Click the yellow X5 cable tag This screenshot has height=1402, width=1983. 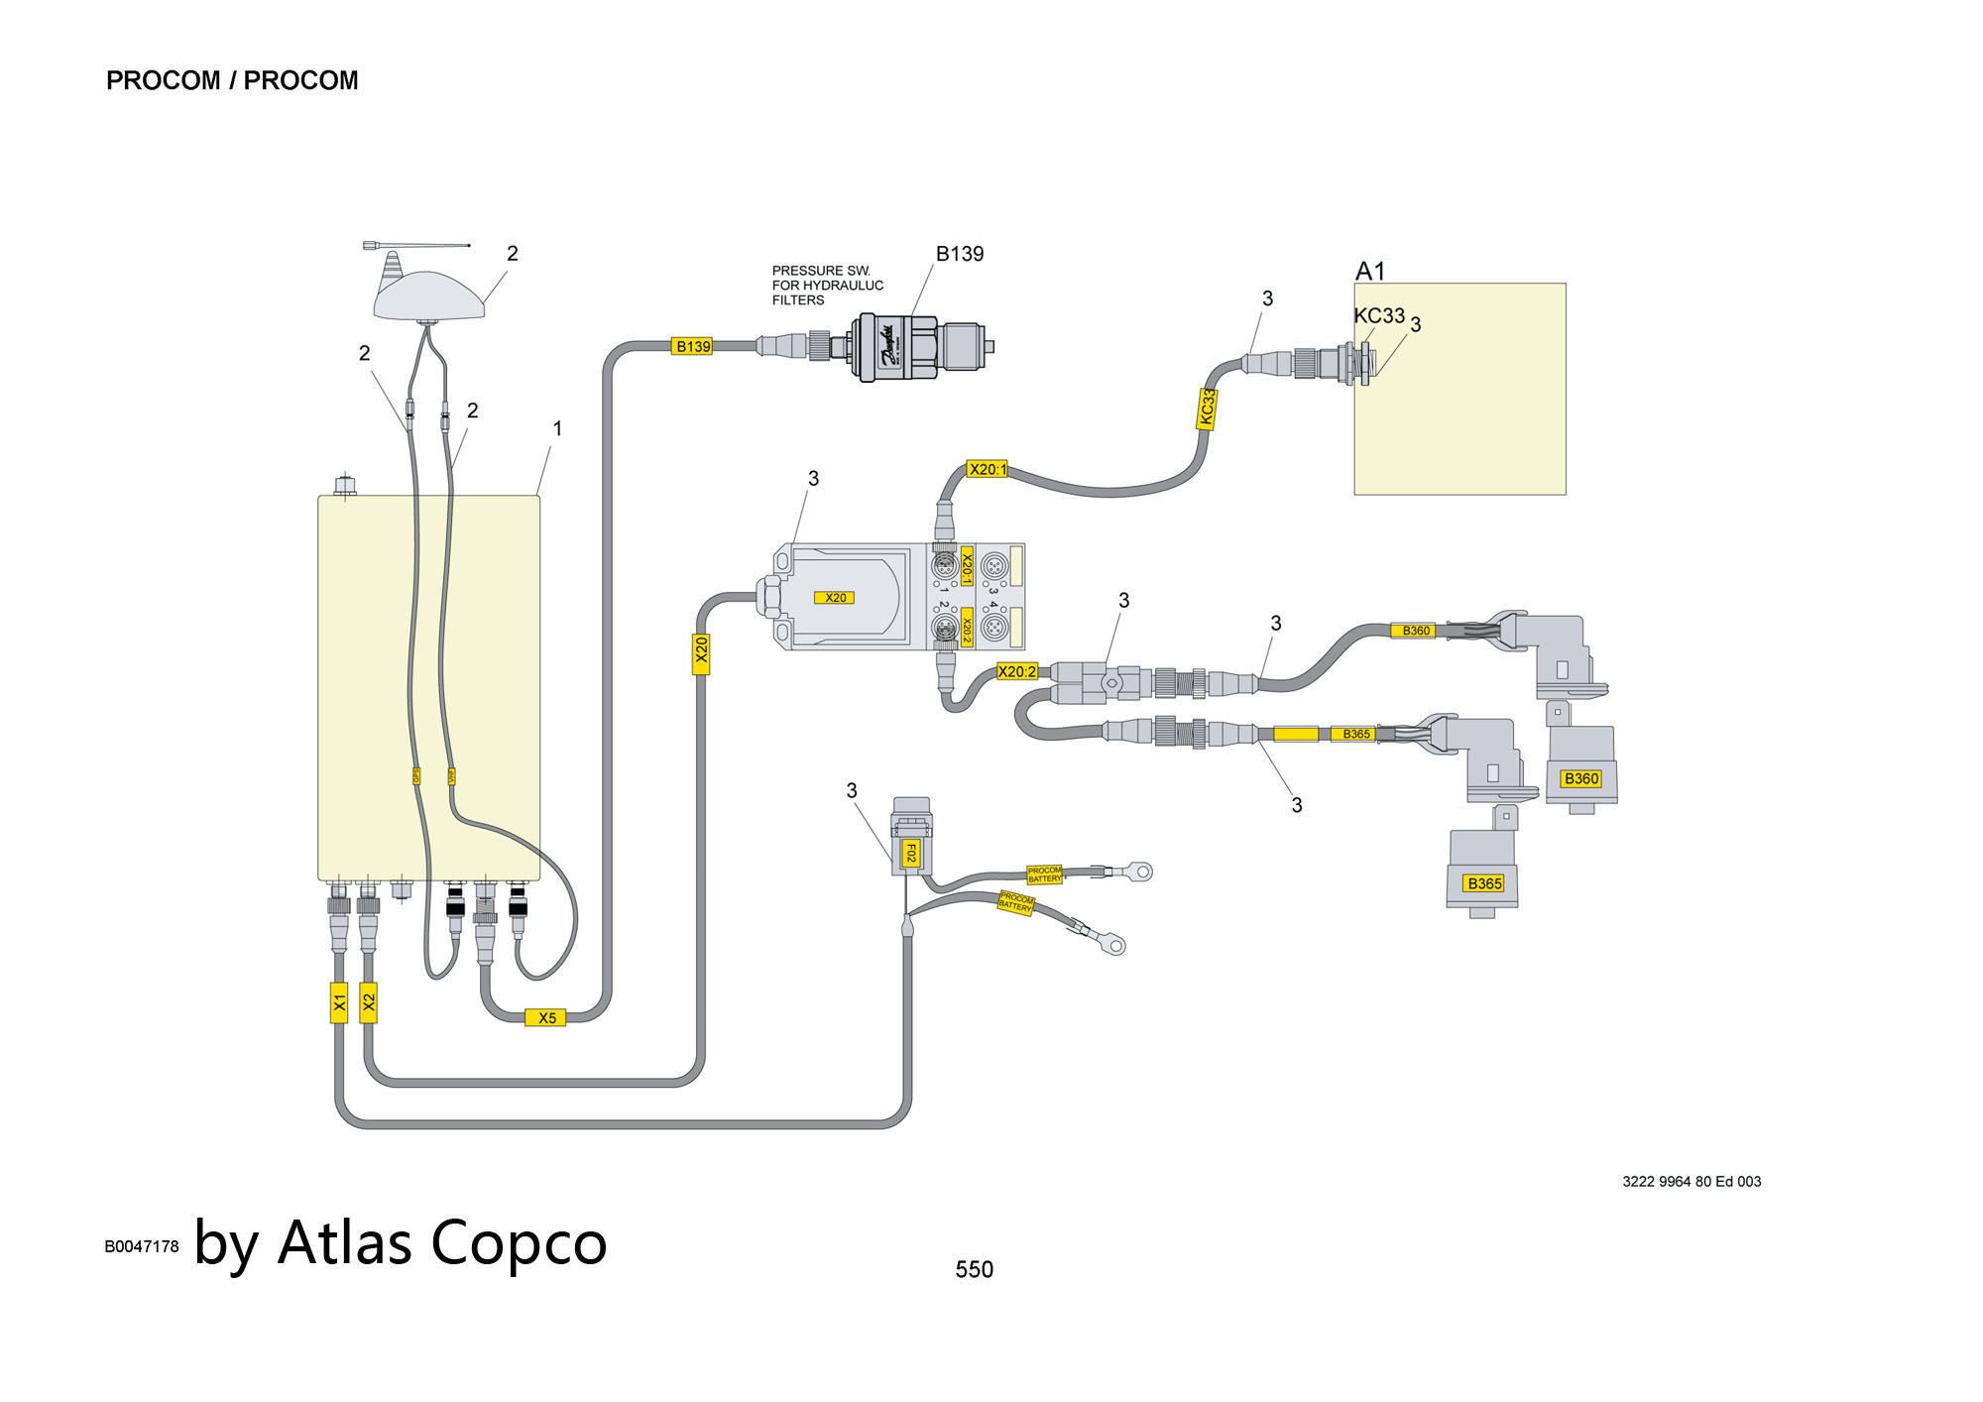tap(546, 1017)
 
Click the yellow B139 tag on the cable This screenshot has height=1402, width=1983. tap(692, 346)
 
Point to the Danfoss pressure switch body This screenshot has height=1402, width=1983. tap(895, 346)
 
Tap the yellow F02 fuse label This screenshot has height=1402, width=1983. tap(909, 854)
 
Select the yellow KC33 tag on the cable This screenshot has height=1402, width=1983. tap(1207, 408)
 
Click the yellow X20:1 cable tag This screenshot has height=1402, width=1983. tap(988, 469)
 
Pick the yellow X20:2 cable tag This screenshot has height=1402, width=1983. tap(1016, 671)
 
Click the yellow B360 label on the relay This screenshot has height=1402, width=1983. tap(1580, 778)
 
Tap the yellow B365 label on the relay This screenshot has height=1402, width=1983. tap(1484, 883)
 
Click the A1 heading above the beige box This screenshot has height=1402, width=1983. tap(1370, 271)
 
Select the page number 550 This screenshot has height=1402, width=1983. tap(974, 1269)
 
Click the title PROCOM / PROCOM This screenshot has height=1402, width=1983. tap(232, 80)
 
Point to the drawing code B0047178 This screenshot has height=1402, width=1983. tap(142, 1246)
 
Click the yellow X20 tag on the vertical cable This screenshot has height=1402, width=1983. tap(701, 650)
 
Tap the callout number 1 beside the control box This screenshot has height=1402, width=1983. tap(557, 428)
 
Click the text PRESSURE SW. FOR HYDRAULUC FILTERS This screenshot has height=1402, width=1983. tap(827, 286)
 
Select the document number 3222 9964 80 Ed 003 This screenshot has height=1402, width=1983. tap(1691, 1181)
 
